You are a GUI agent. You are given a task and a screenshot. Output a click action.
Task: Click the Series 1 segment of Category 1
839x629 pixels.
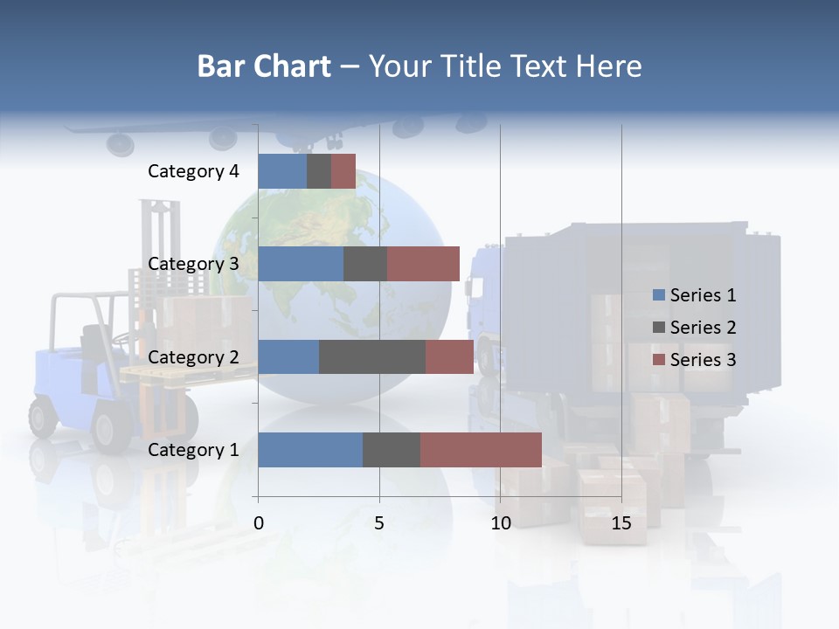pos(310,450)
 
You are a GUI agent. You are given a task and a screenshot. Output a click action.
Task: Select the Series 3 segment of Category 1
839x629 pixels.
pos(481,450)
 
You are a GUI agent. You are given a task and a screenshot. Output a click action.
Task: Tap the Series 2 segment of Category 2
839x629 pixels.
pos(372,356)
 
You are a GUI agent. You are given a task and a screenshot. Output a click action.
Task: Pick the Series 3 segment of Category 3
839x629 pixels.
pos(423,264)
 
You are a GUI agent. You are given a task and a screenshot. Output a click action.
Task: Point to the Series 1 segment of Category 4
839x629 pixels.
pos(282,171)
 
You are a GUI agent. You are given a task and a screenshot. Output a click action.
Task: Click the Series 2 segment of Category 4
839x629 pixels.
pos(319,171)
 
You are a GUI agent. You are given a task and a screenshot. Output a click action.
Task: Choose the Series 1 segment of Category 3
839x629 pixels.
pos(301,264)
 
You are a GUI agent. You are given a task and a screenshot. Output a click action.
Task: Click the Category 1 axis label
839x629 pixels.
pos(193,450)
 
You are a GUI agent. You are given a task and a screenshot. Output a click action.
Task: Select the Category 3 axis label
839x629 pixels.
pos(193,264)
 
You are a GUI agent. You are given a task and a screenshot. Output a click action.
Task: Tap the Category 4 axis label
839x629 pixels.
pos(193,171)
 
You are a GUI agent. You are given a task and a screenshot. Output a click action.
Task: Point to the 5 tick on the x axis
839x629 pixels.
pos(379,523)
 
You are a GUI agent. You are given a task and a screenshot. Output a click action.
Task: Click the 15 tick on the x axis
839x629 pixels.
pos(621,523)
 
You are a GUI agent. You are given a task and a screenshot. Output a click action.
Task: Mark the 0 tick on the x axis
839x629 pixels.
pos(259,523)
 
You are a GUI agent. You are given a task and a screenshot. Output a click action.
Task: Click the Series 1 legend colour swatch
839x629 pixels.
pos(658,295)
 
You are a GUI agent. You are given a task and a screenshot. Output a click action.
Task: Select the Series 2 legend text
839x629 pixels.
pos(703,328)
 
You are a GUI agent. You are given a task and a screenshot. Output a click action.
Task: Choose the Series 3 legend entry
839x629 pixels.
pos(696,360)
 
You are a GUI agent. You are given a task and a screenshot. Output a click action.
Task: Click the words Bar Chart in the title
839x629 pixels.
pos(264,66)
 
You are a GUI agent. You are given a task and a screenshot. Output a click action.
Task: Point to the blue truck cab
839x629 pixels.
pos(486,297)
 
